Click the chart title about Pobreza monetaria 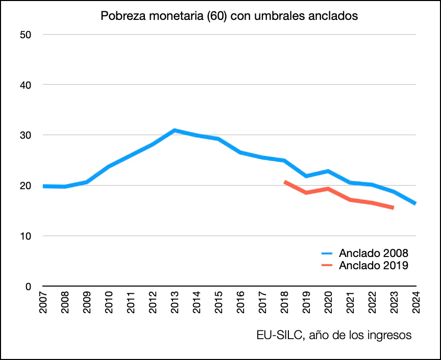[229, 16]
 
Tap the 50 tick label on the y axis [26, 35]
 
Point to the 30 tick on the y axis [26, 135]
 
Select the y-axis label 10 [26, 236]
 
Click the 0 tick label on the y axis [29, 287]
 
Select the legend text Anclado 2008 [374, 253]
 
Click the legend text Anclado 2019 [374, 265]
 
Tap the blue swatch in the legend [327, 253]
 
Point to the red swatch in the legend [327, 265]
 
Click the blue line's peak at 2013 [174, 131]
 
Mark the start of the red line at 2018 [285, 182]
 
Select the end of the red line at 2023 [393, 208]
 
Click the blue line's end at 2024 [415, 203]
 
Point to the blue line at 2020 [328, 171]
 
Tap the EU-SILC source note [334, 336]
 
